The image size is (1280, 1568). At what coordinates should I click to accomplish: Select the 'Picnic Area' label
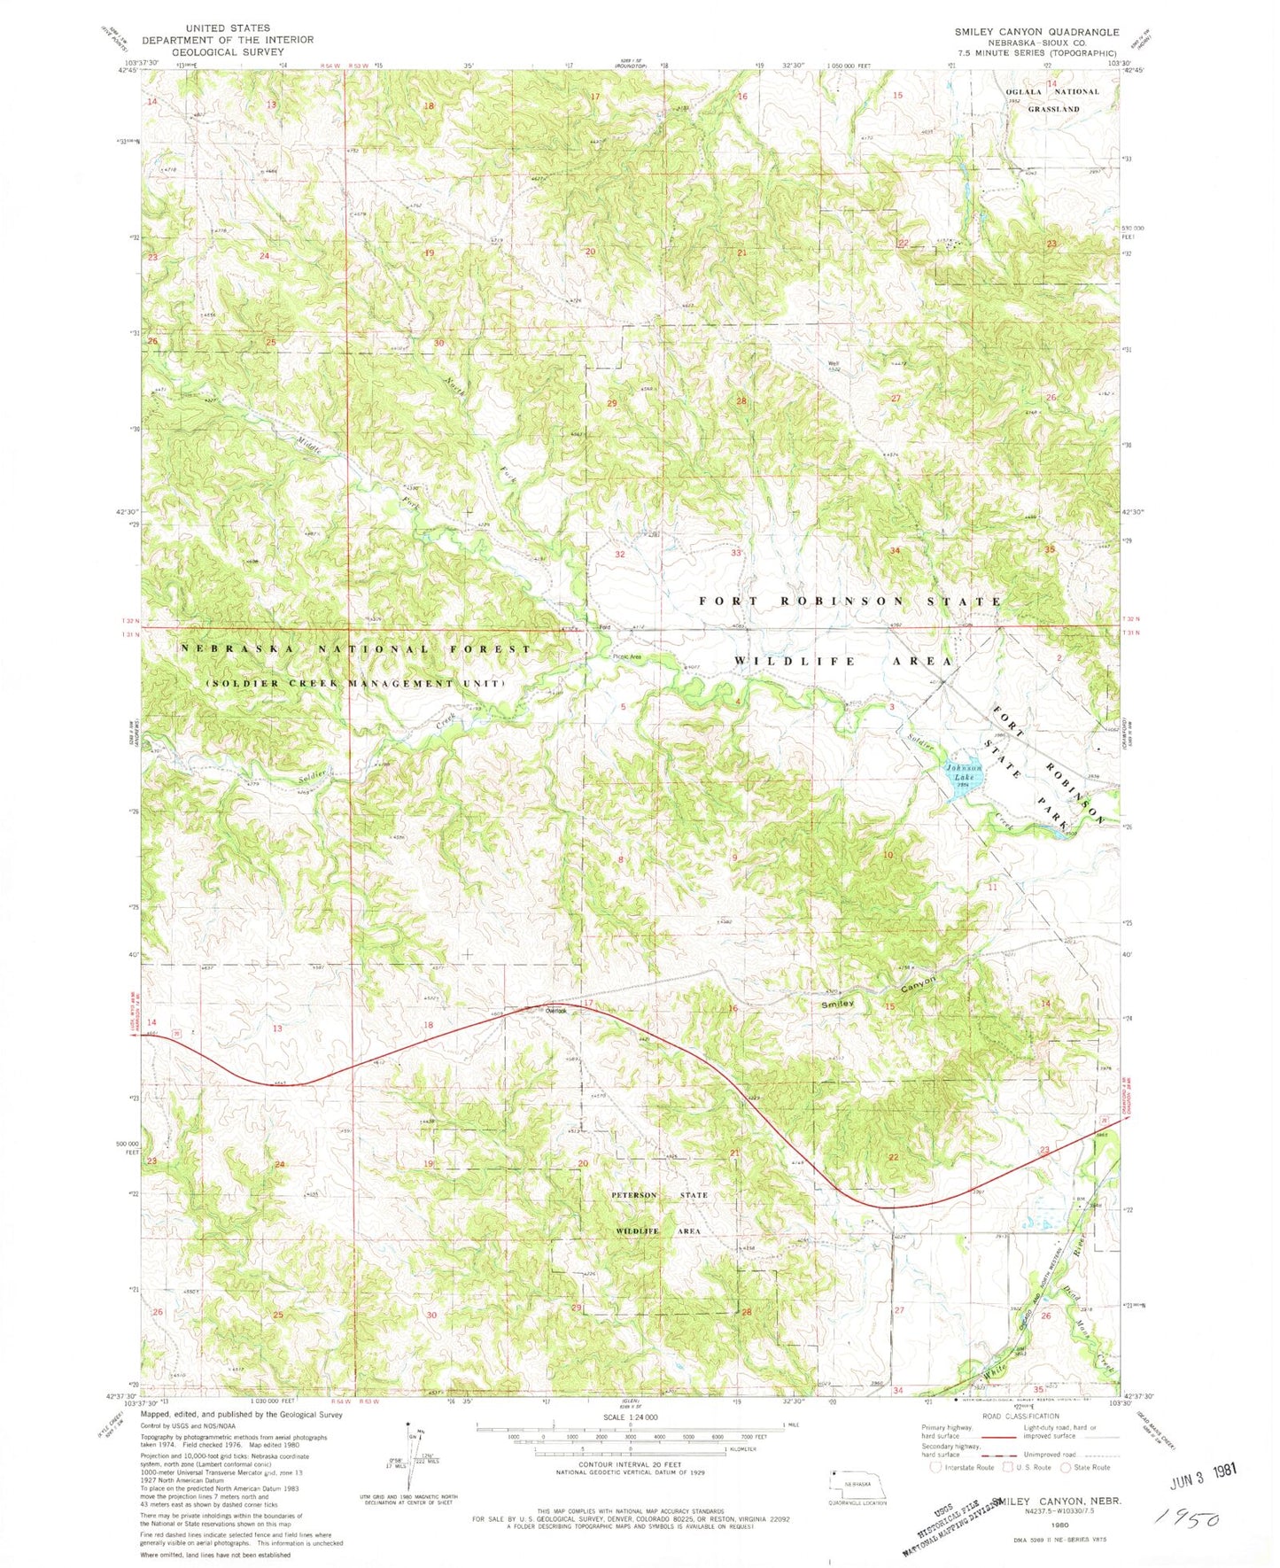point(627,656)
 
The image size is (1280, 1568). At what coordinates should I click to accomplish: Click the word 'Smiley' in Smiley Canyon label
point(838,1004)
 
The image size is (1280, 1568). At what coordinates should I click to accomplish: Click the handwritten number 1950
point(1186,1519)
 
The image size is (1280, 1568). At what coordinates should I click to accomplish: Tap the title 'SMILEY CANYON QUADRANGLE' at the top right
point(1036,32)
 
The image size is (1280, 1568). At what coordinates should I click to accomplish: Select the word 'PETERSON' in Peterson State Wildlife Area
point(634,1195)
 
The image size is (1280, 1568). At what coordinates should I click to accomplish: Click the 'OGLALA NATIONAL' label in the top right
point(1052,92)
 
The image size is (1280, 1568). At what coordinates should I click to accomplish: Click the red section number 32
point(620,555)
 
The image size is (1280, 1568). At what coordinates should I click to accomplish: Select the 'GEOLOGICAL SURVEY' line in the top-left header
point(227,51)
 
